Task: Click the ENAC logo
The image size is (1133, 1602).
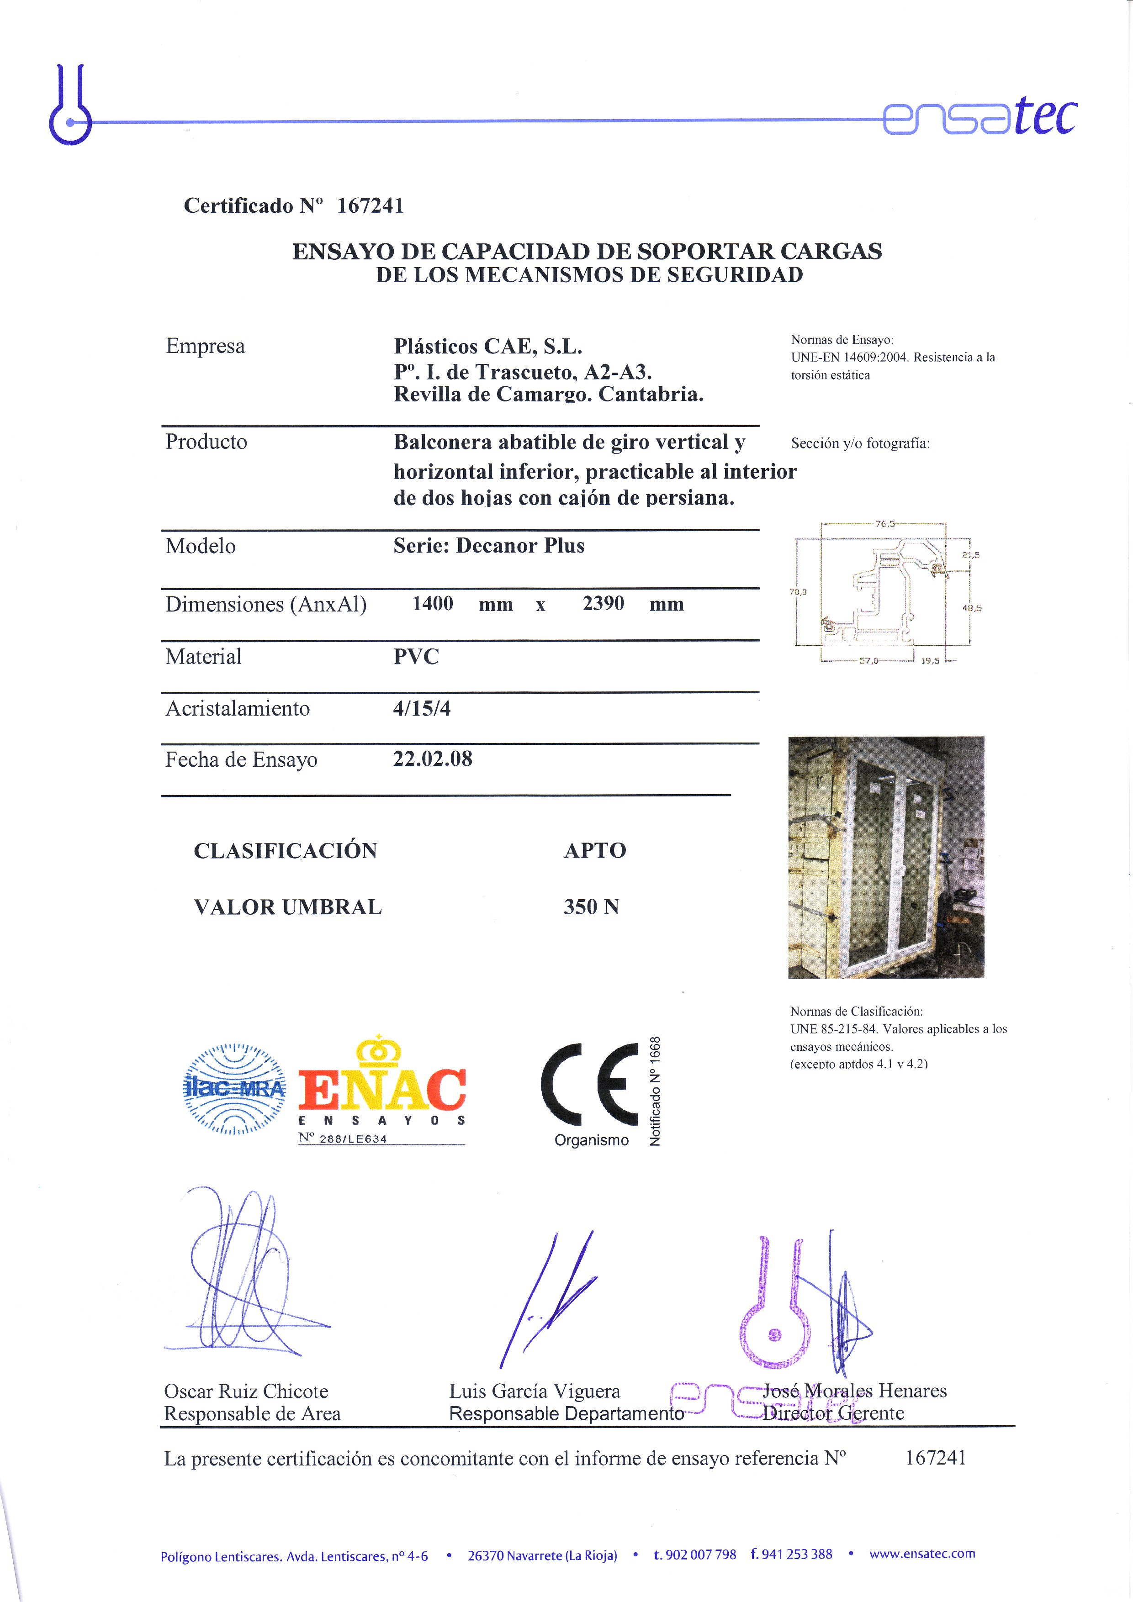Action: pos(382,1090)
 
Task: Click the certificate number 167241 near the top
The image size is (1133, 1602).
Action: pos(370,206)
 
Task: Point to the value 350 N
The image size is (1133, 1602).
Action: pos(591,906)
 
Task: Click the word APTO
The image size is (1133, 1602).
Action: pos(595,850)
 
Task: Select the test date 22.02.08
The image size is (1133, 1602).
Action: pos(432,759)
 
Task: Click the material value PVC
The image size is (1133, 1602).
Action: pos(416,657)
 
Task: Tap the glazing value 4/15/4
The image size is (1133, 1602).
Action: pos(422,708)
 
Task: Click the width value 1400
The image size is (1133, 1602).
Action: pos(432,604)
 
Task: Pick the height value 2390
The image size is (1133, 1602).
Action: pos(603,604)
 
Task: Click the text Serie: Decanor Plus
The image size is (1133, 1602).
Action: pos(489,546)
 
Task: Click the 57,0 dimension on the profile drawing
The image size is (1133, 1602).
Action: pos(868,660)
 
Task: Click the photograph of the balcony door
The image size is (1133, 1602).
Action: pos(886,857)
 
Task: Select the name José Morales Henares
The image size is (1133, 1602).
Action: pos(854,1391)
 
